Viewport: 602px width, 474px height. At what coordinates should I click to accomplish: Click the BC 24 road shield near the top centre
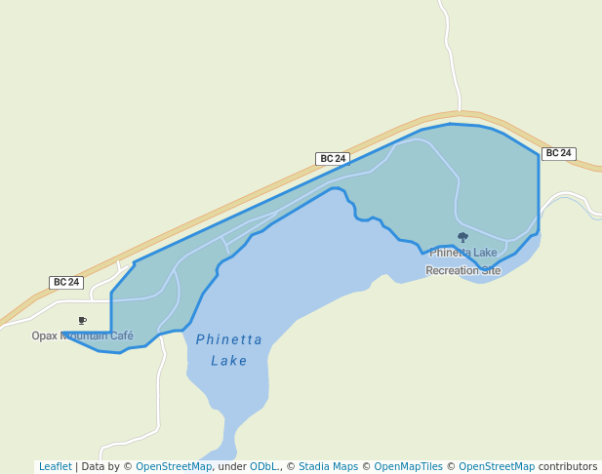(333, 158)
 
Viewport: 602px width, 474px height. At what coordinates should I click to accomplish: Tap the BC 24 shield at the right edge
(558, 153)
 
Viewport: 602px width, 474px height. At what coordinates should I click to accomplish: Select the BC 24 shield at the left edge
(66, 282)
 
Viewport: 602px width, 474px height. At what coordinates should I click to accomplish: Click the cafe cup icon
(82, 320)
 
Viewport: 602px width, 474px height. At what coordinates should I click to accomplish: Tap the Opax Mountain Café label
(82, 336)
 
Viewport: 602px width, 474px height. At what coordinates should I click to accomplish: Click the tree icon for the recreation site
(462, 237)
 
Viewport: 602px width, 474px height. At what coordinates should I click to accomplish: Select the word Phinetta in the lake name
(229, 339)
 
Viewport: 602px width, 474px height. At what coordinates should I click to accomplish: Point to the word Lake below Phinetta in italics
(229, 361)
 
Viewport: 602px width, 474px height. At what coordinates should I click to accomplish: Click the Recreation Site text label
(462, 270)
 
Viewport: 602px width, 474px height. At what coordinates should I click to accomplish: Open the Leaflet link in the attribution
(55, 466)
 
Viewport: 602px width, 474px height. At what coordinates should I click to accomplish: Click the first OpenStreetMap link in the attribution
(174, 466)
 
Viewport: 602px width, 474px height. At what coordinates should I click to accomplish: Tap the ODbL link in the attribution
(262, 466)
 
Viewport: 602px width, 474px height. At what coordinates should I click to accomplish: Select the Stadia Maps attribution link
(328, 466)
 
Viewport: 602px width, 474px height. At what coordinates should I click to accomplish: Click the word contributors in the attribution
(568, 466)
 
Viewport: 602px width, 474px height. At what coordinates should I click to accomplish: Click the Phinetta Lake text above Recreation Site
(462, 253)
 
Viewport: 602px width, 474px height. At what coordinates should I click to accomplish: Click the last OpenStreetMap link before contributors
(497, 466)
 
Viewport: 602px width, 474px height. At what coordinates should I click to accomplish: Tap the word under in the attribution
(232, 466)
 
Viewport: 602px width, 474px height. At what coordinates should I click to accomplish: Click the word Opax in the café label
(45, 336)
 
